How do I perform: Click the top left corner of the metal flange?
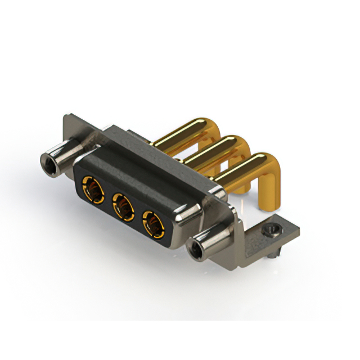(x=66, y=117)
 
